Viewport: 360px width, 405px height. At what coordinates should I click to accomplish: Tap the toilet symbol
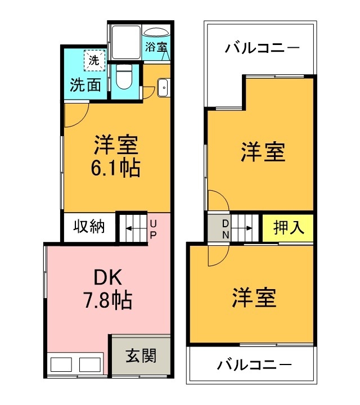tap(124, 77)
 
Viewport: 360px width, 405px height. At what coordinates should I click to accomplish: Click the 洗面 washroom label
tap(85, 85)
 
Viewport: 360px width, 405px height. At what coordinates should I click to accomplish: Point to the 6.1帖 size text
tap(116, 168)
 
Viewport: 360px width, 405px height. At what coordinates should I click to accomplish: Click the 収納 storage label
tap(89, 227)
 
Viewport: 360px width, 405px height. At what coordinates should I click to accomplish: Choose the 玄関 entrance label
tap(140, 355)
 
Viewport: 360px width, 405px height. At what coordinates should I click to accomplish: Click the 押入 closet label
tap(289, 228)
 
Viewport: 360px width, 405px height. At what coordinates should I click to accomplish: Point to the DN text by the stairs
tap(224, 228)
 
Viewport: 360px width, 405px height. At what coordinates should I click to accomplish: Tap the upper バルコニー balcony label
tap(262, 47)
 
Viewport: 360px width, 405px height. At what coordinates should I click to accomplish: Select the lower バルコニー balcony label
tap(254, 365)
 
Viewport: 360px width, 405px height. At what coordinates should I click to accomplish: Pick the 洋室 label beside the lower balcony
tap(255, 298)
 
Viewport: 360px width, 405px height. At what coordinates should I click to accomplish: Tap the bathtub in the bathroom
tap(156, 33)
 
